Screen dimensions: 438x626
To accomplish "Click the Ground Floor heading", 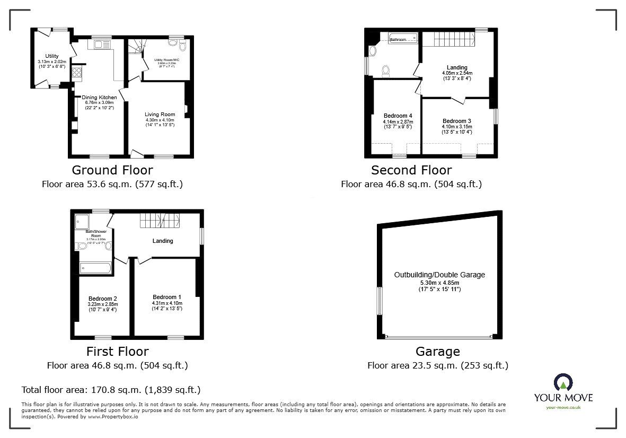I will click(112, 170).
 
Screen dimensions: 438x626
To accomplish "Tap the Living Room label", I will click(160, 114).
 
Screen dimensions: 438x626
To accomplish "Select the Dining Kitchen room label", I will click(99, 98).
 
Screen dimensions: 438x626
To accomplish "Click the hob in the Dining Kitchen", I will click(77, 72).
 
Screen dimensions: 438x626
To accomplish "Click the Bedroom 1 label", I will click(167, 297).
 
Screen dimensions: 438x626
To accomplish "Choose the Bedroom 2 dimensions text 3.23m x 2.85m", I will click(103, 304).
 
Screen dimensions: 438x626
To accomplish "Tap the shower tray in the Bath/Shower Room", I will click(83, 222).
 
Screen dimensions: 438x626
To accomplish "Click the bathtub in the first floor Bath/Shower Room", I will click(96, 268).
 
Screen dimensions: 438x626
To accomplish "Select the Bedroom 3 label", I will click(456, 121).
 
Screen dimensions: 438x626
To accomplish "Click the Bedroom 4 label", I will click(398, 116).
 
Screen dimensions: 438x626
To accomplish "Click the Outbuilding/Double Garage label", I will click(439, 275).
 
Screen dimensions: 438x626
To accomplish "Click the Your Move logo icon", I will click(563, 383).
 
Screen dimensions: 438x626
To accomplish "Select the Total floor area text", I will click(111, 390).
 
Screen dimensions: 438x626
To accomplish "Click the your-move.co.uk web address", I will click(563, 407).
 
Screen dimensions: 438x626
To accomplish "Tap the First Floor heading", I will click(117, 352).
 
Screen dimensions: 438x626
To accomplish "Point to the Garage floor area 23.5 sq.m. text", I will click(437, 365).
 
